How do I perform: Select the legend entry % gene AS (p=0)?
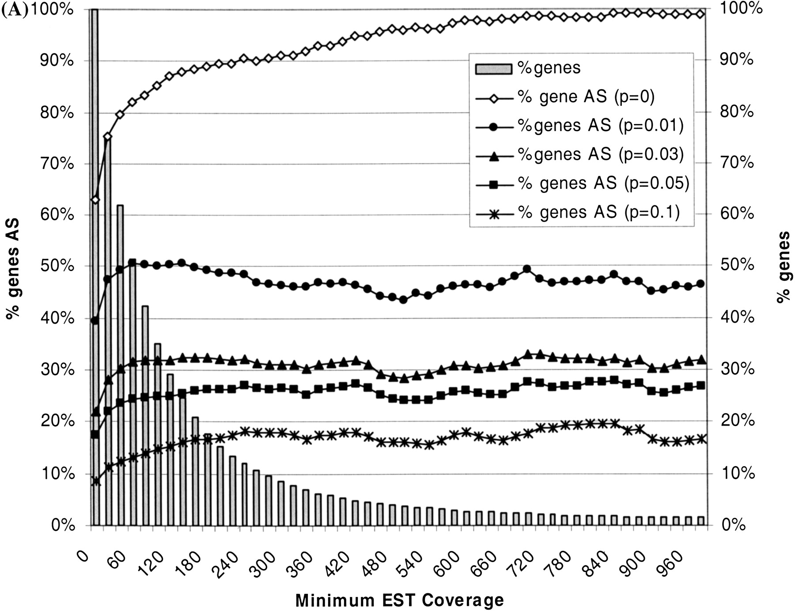pos(586,97)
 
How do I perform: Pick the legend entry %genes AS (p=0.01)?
pos(600,126)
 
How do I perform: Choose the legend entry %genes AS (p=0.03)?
pos(600,155)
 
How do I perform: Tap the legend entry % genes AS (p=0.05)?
pos(603,183)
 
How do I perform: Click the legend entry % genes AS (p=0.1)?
pos(598,213)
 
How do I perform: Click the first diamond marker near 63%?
pos(95,200)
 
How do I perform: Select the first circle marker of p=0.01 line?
pos(95,321)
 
